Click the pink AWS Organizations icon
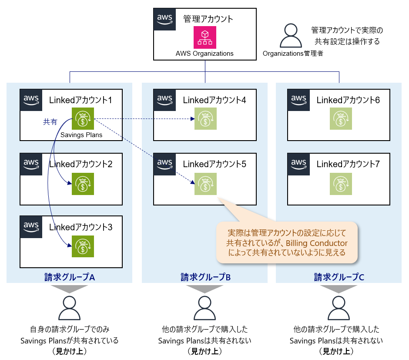coord(205,37)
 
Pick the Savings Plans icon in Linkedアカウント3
coord(83,246)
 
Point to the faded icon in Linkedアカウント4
coord(205,119)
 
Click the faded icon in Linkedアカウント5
coord(205,184)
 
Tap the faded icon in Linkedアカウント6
coord(341,119)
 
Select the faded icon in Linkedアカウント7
coord(341,184)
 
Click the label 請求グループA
coord(70,276)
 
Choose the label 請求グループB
coord(204,276)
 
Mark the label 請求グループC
coord(339,276)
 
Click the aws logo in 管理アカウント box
coord(165,19)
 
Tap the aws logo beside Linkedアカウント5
coord(164,164)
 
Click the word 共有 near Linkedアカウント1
coord(50,122)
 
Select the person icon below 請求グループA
coord(70,308)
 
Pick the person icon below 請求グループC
coord(339,308)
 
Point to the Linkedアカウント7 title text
coord(348,164)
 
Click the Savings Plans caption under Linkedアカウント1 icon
coord(81,135)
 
